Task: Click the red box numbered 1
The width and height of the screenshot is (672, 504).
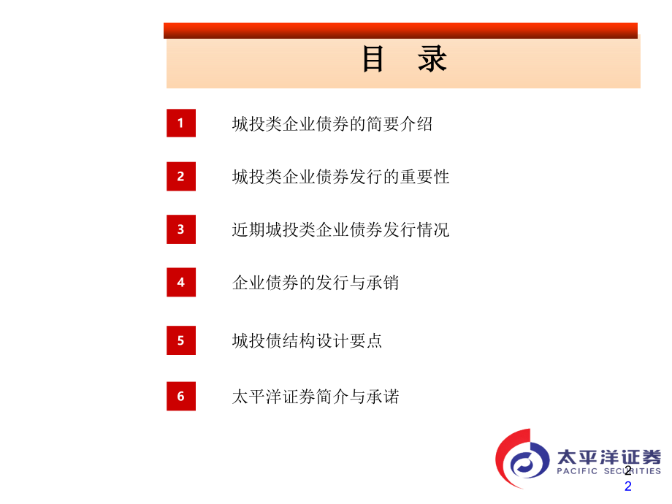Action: [x=181, y=123]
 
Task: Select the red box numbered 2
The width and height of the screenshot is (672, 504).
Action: [x=181, y=176]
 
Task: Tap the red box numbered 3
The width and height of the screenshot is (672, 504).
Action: [x=181, y=229]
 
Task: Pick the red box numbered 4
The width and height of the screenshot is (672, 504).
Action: [x=181, y=282]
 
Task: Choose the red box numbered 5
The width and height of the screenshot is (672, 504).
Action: [x=181, y=340]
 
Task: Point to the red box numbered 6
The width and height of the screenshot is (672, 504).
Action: [x=181, y=396]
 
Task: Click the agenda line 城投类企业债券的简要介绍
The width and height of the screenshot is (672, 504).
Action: [x=332, y=124]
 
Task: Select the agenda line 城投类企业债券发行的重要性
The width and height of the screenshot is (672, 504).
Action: [x=340, y=177]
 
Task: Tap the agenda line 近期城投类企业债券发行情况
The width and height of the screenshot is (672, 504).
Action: [x=340, y=230]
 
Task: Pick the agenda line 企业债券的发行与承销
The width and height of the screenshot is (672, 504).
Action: [x=316, y=283]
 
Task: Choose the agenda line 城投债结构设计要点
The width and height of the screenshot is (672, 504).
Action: [x=307, y=341]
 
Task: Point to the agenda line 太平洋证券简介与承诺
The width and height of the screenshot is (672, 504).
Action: [x=316, y=397]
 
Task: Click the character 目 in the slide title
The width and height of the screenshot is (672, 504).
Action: [x=373, y=60]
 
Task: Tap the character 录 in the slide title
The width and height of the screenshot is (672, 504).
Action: [x=432, y=60]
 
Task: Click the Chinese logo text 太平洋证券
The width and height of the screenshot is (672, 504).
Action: [x=608, y=457]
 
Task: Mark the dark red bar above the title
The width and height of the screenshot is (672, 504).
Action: [x=400, y=30]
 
